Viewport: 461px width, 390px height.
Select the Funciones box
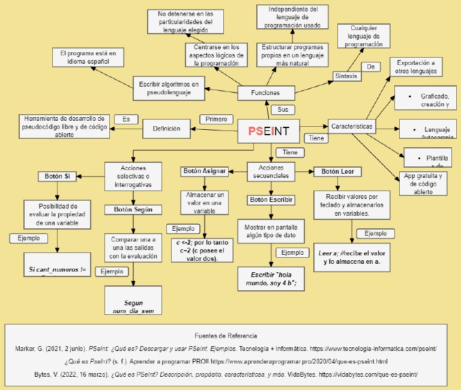265,93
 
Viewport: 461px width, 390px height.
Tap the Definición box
166,129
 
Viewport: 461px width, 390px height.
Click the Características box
352,126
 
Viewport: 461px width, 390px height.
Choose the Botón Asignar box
205,171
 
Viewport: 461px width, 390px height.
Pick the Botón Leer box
337,172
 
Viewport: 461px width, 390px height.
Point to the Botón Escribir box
271,200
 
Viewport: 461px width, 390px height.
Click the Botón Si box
58,177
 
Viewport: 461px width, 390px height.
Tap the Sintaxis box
346,76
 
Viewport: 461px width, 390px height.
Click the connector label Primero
216,119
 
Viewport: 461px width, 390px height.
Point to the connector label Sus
283,110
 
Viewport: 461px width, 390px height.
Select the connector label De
370,67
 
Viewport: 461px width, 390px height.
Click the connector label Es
126,119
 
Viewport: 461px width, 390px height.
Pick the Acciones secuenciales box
270,172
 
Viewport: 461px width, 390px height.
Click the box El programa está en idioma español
88,57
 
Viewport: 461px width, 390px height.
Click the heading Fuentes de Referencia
226,335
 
